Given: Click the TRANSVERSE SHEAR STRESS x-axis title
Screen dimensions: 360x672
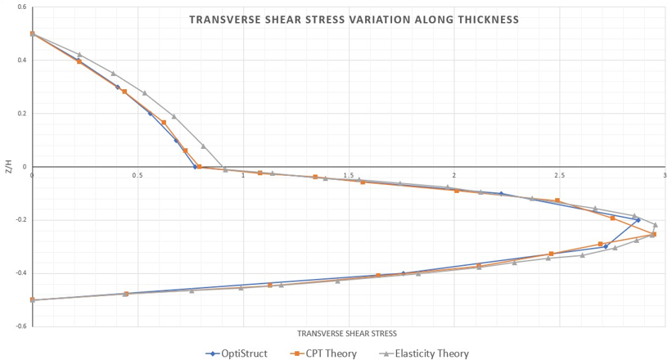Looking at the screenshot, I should point(347,334).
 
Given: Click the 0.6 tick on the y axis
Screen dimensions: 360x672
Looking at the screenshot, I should point(21,7).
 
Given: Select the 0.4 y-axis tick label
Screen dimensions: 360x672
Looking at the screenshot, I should point(21,61).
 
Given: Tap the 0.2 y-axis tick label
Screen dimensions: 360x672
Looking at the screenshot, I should point(21,114).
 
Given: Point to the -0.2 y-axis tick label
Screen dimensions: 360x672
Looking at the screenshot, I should point(20,220).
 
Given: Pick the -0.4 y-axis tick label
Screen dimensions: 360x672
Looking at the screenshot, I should point(20,273).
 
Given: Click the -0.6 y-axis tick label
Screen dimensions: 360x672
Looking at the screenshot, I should point(20,326).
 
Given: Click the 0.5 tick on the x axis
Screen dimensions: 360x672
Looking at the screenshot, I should point(137,175).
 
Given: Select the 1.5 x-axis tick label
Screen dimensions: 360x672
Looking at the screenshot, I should point(348,175).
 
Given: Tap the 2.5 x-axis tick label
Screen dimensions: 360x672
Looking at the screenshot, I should point(559,175).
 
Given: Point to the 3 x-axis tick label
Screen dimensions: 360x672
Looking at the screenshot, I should point(665,175).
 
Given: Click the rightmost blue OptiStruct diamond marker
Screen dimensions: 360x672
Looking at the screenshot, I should point(638,220).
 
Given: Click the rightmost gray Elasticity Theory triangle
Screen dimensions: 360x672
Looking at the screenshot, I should point(655,224).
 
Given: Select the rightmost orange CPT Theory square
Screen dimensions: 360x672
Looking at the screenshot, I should point(653,235).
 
